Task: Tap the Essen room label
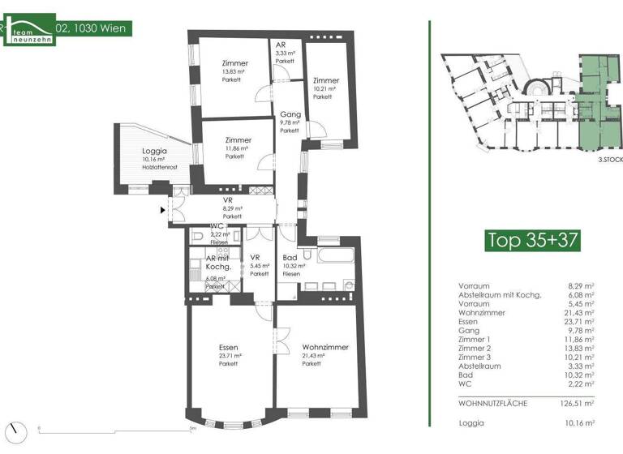pos(228,347)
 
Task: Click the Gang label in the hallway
pos(290,114)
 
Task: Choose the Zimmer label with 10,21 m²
pos(325,80)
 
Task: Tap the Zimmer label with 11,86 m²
pos(238,140)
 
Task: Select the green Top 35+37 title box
pos(531,240)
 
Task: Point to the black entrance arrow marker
pos(163,211)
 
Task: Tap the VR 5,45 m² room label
pos(259,262)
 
